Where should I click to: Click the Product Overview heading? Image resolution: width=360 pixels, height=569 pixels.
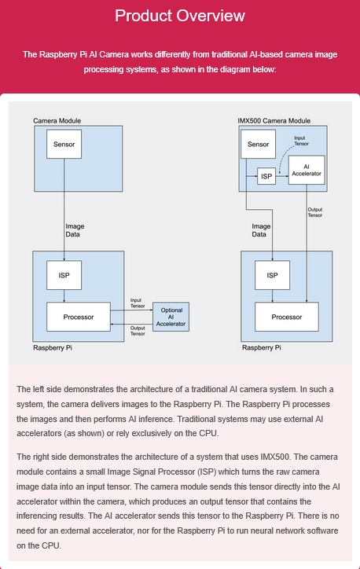pyautogui.click(x=180, y=16)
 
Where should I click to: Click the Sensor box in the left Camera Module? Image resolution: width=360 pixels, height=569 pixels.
pyautogui.click(x=64, y=144)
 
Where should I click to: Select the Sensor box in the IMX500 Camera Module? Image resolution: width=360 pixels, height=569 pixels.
pyautogui.click(x=258, y=144)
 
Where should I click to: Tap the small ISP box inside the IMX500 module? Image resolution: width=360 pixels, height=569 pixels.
pyautogui.click(x=266, y=176)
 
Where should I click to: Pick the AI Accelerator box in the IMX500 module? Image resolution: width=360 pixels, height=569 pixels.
pyautogui.click(x=307, y=170)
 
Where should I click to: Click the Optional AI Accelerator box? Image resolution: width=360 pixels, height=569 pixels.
pyautogui.click(x=171, y=317)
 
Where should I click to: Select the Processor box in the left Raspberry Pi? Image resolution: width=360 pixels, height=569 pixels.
pyautogui.click(x=79, y=317)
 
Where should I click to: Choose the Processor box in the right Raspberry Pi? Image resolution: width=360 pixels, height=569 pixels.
pyautogui.click(x=287, y=317)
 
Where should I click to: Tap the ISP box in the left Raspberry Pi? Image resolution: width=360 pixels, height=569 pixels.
pyautogui.click(x=64, y=275)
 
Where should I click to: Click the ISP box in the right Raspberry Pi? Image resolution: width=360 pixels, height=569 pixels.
pyautogui.click(x=272, y=275)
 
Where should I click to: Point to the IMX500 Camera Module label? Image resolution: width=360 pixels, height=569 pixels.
pyautogui.click(x=274, y=121)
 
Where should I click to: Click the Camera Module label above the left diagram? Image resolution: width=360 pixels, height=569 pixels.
pyautogui.click(x=57, y=121)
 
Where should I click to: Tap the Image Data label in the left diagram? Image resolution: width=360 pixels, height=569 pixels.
pyautogui.click(x=75, y=230)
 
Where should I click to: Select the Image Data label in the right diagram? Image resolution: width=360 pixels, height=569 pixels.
pyautogui.click(x=261, y=230)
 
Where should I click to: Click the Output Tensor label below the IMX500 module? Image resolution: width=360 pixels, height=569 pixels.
pyautogui.click(x=315, y=212)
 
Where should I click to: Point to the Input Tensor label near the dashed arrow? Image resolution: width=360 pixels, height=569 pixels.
pyautogui.click(x=301, y=141)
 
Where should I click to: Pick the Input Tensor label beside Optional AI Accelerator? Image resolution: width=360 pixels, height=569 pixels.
pyautogui.click(x=138, y=303)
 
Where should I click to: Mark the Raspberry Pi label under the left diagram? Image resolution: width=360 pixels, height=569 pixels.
pyautogui.click(x=53, y=347)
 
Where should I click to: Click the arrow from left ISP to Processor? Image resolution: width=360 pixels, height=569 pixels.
pyautogui.click(x=64, y=296)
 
